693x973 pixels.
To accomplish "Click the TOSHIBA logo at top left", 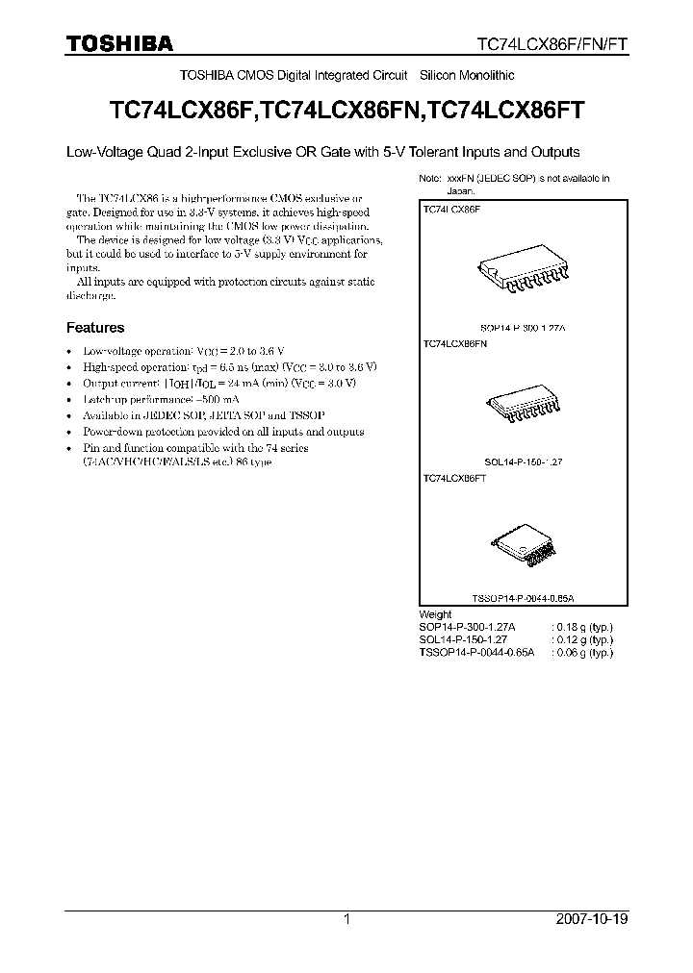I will point(119,43).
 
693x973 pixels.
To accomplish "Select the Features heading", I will point(94,327).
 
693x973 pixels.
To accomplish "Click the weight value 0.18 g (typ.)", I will point(582,626).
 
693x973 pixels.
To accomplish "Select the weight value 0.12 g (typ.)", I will point(582,638).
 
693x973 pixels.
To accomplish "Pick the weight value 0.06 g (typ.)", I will point(582,651).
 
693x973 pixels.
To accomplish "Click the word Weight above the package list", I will point(436,613).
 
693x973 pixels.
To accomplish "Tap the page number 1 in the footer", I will point(346,919).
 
